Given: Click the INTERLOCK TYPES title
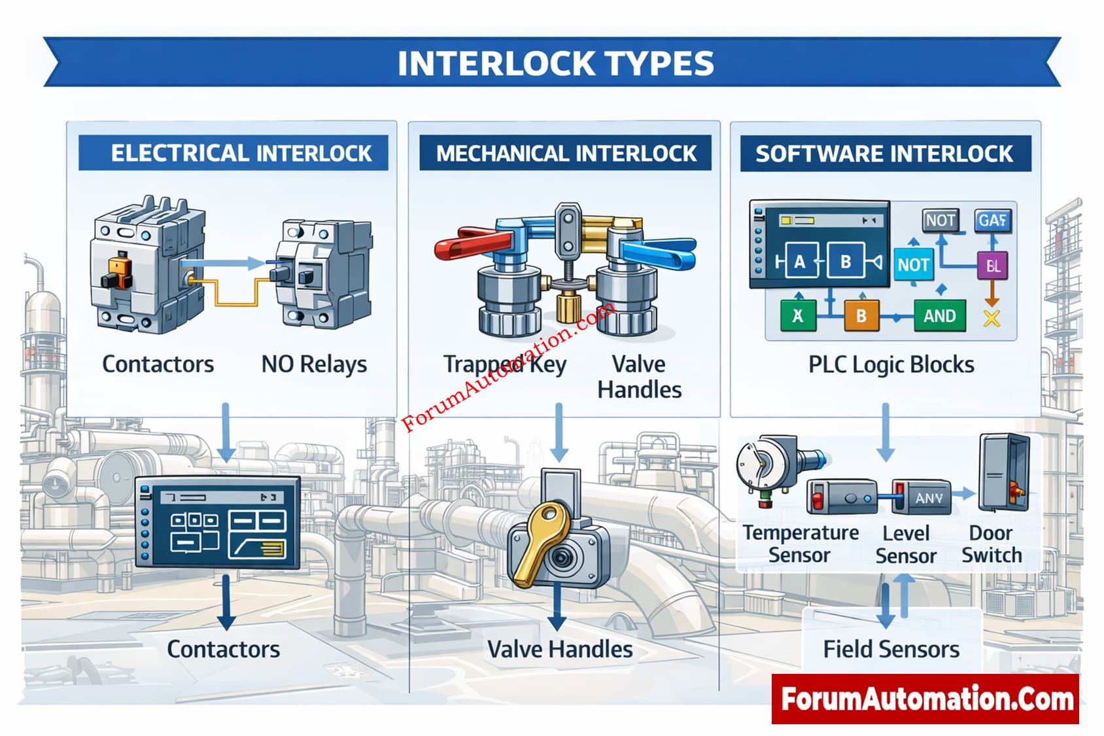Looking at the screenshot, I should [555, 63].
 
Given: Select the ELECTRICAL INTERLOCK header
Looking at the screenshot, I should [241, 153].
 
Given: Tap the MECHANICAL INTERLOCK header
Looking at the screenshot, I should [566, 153].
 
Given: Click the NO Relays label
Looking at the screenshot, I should [314, 364].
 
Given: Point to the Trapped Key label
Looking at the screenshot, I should [504, 364].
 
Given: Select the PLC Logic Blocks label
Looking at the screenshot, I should [891, 364].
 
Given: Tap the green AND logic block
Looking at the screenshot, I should [939, 316].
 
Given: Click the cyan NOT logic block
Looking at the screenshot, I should [913, 265].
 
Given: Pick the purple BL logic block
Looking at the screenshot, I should [993, 266].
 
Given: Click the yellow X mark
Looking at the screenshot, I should [992, 319].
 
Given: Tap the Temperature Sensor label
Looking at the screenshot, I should [800, 544].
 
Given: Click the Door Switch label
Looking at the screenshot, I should [991, 544].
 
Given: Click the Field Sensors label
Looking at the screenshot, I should [891, 649].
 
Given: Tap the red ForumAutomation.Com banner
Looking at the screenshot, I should [925, 699].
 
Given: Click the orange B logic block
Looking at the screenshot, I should [861, 316].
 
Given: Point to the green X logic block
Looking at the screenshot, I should [798, 316].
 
